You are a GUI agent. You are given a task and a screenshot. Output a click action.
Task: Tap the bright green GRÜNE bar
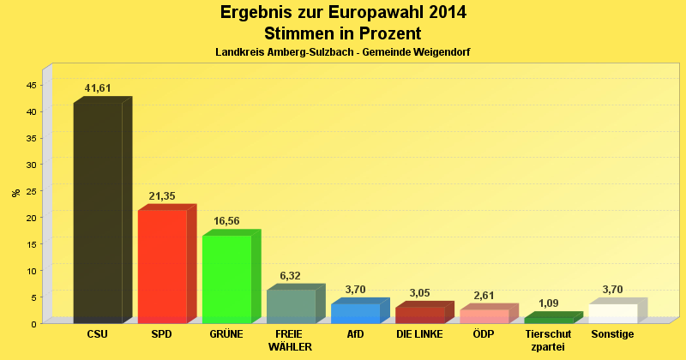[226, 279]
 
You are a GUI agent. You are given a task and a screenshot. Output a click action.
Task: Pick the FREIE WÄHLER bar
[291, 306]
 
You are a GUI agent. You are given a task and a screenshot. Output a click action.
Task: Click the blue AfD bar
[355, 313]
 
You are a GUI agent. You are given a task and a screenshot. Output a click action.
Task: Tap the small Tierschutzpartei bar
[548, 320]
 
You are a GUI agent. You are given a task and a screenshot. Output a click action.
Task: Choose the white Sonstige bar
[612, 313]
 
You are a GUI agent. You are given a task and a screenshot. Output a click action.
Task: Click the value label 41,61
[98, 88]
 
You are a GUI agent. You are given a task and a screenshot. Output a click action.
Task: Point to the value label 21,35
[162, 196]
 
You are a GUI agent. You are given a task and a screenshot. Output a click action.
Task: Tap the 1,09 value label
[548, 303]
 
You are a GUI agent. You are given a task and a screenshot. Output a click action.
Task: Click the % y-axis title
[15, 192]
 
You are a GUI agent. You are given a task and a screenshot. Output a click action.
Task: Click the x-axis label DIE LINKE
[419, 333]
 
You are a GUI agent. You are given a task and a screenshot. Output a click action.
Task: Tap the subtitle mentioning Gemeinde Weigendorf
[343, 52]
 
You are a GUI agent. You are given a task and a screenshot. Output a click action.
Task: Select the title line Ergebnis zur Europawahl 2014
[343, 13]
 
